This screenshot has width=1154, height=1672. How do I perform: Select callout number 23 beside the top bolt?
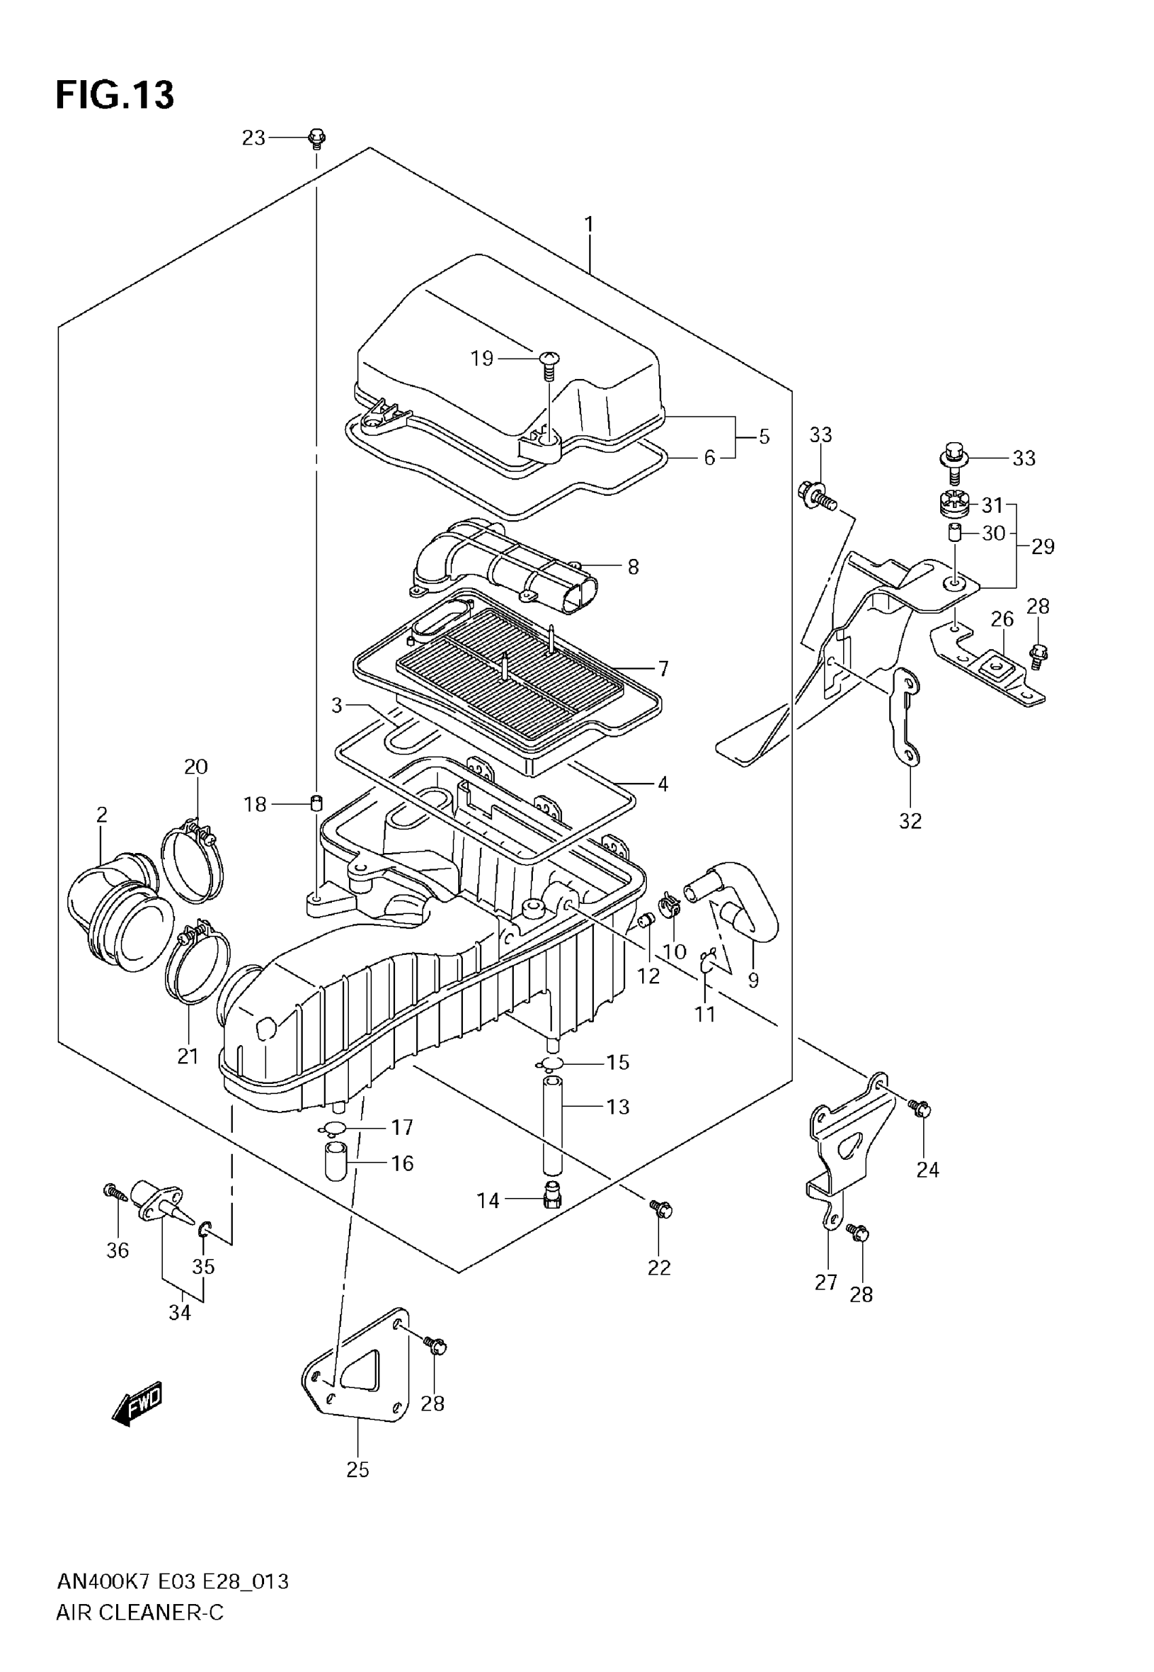(254, 138)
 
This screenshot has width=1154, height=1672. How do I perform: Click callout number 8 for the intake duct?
(633, 567)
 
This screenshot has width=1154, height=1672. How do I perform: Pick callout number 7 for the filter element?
(663, 668)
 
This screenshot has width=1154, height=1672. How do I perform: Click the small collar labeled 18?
(316, 803)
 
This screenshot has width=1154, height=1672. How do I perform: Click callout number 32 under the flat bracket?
(910, 821)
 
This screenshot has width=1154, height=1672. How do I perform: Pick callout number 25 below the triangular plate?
(358, 1470)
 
